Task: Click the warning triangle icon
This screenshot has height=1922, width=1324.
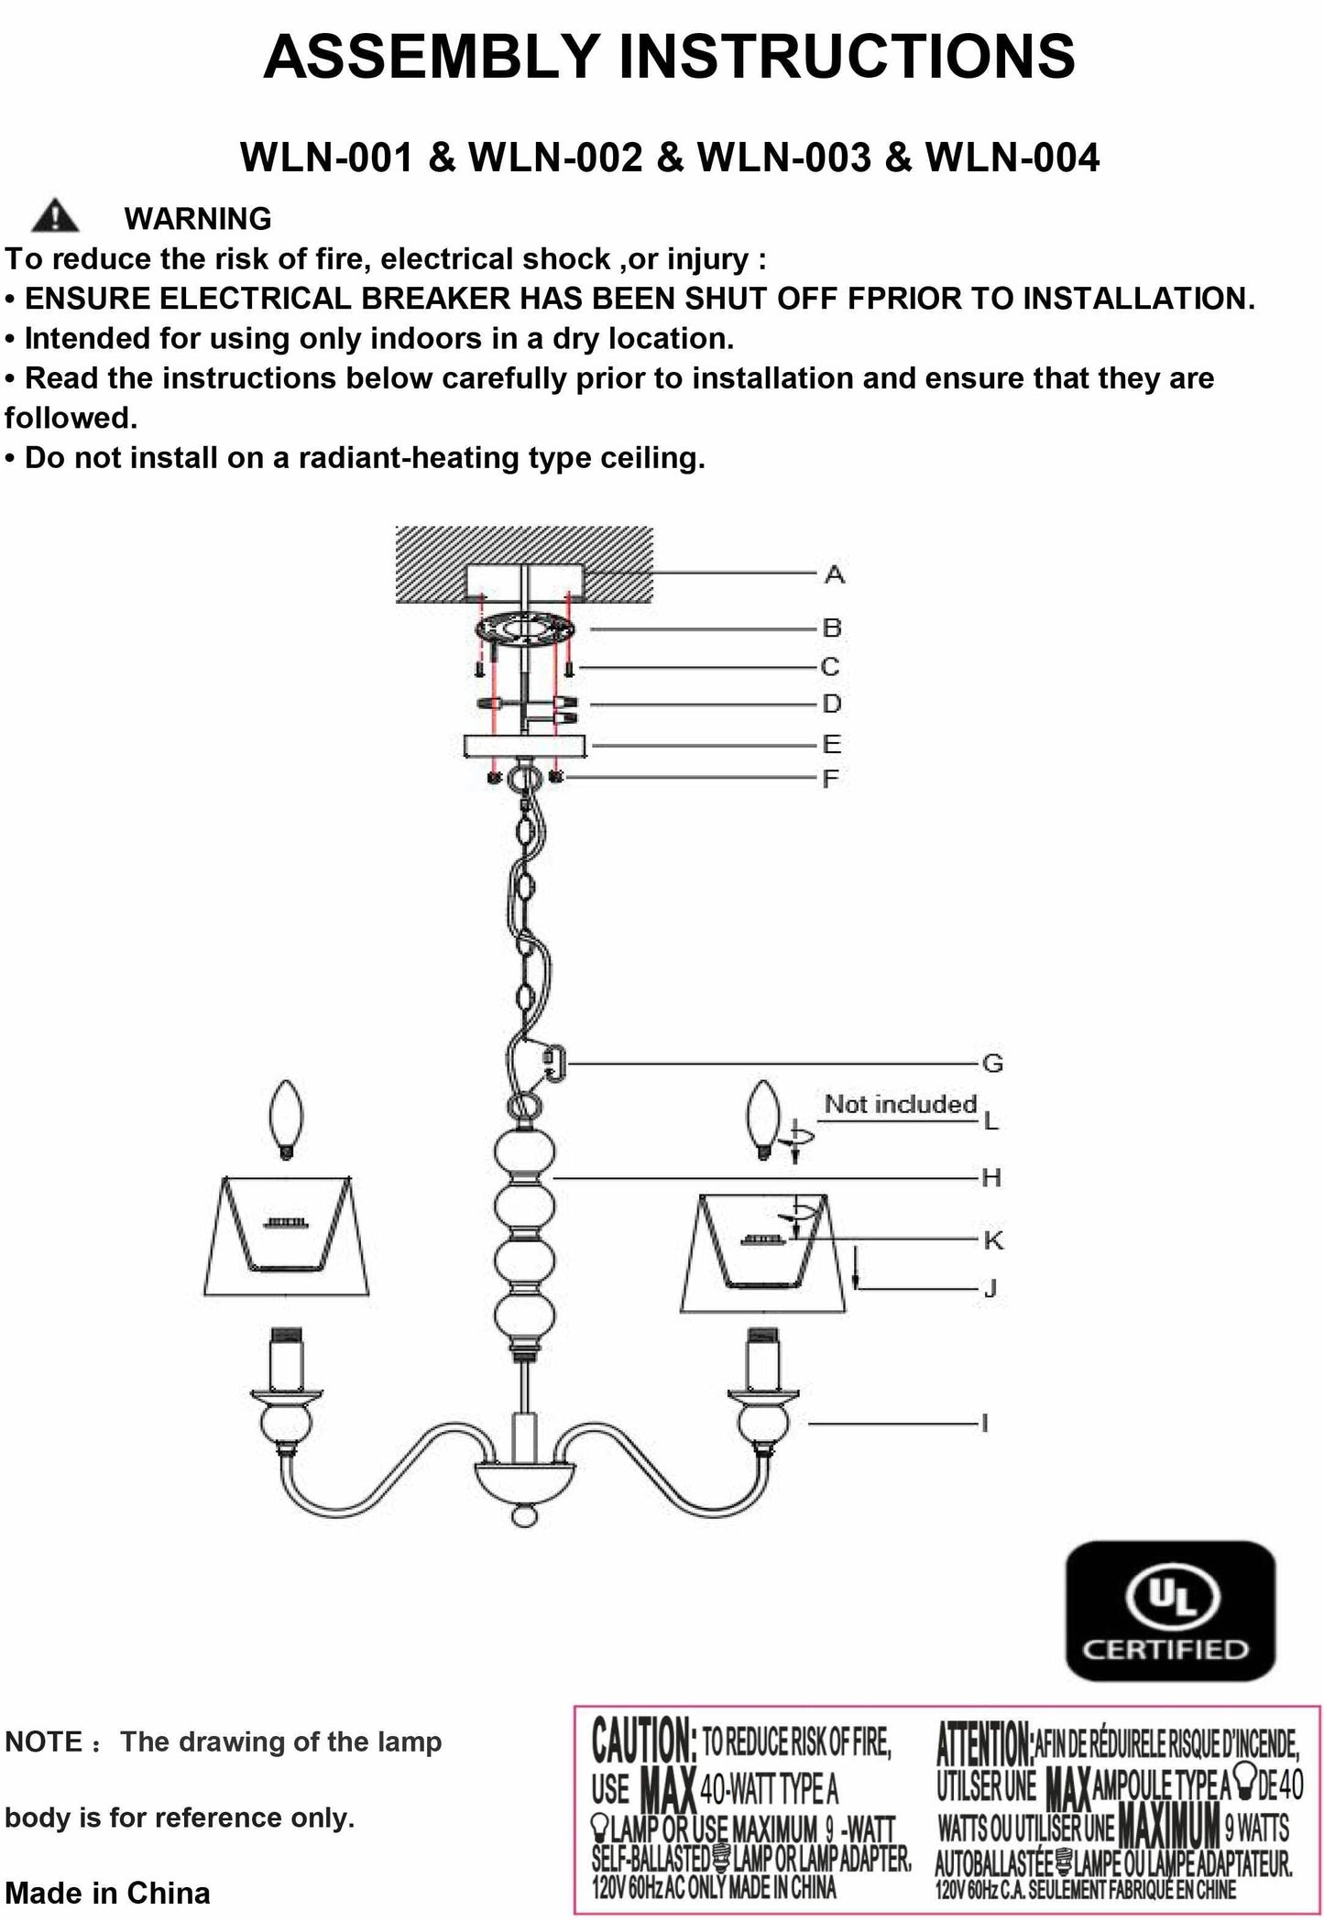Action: (x=55, y=216)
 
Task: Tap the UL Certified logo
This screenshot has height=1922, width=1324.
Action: (x=1171, y=1611)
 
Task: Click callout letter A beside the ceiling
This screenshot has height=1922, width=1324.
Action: (x=834, y=575)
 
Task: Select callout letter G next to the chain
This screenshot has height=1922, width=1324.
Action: (x=992, y=1064)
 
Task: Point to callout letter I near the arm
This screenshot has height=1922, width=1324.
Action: (x=985, y=1424)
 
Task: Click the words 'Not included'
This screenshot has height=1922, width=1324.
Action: (x=900, y=1104)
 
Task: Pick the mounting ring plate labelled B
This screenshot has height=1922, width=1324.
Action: (x=524, y=630)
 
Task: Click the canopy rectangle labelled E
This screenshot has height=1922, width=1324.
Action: (x=524, y=746)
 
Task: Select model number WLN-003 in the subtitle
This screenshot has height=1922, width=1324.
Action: (x=783, y=158)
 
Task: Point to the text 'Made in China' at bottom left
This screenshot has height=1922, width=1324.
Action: (x=107, y=1893)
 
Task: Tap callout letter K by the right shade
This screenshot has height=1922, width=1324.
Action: (x=993, y=1240)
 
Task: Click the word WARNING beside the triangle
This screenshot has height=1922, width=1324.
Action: (x=198, y=219)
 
